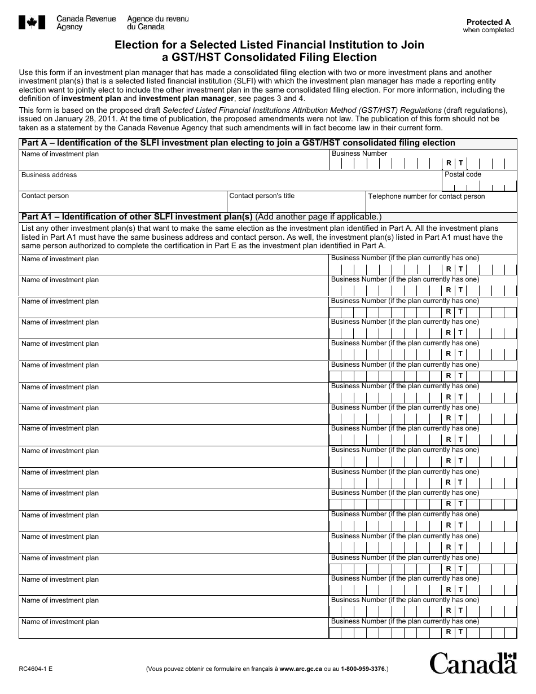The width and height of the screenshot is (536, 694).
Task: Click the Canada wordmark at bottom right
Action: click(x=473, y=663)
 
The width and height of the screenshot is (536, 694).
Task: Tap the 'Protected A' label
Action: click(x=489, y=22)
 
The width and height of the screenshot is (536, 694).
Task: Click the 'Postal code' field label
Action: click(x=463, y=174)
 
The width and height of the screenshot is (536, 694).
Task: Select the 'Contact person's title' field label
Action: click(x=262, y=196)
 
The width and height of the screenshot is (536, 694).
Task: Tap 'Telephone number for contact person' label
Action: click(x=426, y=196)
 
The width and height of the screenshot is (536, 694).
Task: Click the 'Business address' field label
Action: click(x=49, y=175)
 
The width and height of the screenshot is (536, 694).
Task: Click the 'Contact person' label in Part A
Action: click(x=45, y=196)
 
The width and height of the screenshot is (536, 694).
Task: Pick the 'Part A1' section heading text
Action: click(x=136, y=217)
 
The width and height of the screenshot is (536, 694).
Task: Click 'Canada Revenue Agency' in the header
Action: click(x=86, y=23)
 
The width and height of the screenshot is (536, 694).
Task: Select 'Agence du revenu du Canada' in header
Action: click(x=157, y=23)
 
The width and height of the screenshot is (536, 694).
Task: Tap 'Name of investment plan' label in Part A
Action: click(x=60, y=154)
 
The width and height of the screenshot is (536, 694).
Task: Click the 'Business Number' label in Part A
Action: click(x=359, y=153)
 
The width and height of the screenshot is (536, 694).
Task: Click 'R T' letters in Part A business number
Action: click(x=454, y=163)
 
